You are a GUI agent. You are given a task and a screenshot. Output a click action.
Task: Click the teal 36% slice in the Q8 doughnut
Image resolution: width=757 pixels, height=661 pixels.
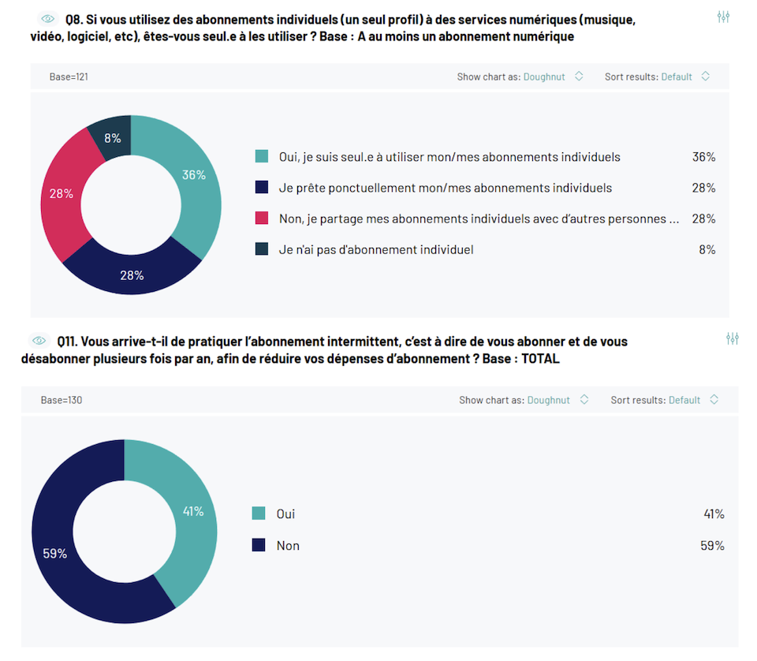coord(193,175)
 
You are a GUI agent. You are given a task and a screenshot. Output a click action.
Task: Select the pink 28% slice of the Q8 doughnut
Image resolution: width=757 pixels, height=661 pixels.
coord(62,193)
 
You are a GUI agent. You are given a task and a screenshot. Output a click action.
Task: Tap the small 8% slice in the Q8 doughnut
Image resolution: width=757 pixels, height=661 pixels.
coord(113,138)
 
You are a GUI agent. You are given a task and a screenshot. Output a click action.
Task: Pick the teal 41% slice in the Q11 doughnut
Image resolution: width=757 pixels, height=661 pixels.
coord(192,512)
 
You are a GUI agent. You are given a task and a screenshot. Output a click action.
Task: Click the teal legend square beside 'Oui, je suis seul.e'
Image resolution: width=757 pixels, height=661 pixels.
coord(262,157)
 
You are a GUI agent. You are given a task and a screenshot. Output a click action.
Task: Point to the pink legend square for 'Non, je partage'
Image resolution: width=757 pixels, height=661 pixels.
coord(262,218)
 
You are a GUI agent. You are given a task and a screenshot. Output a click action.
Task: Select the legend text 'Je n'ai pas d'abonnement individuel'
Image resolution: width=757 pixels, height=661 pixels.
coord(376,249)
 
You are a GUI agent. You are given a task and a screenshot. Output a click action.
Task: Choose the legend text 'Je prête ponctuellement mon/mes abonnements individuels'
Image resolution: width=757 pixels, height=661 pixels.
coord(445,188)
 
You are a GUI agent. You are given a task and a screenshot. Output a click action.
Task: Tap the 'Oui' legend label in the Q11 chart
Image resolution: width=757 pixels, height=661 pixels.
coord(285,513)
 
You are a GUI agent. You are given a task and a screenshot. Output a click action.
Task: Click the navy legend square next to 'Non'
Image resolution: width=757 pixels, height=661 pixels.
coord(259,545)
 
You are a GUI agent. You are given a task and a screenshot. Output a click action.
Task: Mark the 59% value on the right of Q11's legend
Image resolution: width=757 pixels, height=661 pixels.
coord(714,545)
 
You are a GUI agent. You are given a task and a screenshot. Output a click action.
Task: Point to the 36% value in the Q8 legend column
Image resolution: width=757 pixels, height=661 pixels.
coord(703,157)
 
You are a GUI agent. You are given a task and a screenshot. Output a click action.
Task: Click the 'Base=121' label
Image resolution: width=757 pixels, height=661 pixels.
coord(63,77)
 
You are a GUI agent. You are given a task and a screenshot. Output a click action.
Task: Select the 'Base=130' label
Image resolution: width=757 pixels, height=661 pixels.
coord(62,400)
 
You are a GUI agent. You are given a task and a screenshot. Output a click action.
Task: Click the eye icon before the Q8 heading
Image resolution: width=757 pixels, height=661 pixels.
coord(48,18)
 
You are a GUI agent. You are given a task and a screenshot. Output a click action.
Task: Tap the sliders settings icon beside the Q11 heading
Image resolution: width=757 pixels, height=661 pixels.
coord(733,338)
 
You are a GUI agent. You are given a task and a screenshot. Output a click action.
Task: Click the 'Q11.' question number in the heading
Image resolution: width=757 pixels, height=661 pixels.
coord(68,342)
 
